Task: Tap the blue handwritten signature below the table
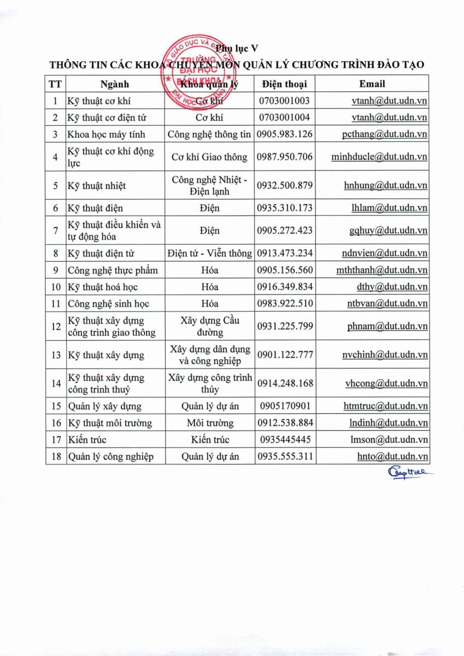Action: pyautogui.click(x=407, y=473)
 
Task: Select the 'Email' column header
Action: pyautogui.click(x=372, y=84)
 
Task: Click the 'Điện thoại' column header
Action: pyautogui.click(x=284, y=84)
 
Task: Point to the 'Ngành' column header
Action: pyautogui.click(x=115, y=84)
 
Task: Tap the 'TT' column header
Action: pyautogui.click(x=55, y=84)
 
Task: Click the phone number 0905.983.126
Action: pyautogui.click(x=284, y=134)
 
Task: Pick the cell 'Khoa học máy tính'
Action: pyautogui.click(x=106, y=134)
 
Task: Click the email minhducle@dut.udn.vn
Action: pyautogui.click(x=379, y=157)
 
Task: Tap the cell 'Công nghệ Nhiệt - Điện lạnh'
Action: pyautogui.click(x=210, y=185)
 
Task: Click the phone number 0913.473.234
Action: pyautogui.click(x=284, y=253)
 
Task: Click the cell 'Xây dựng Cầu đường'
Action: pyautogui.click(x=210, y=326)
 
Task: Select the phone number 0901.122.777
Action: pyautogui.click(x=284, y=355)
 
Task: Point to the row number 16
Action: pyautogui.click(x=55, y=423)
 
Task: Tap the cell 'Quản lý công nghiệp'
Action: pyautogui.click(x=110, y=456)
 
